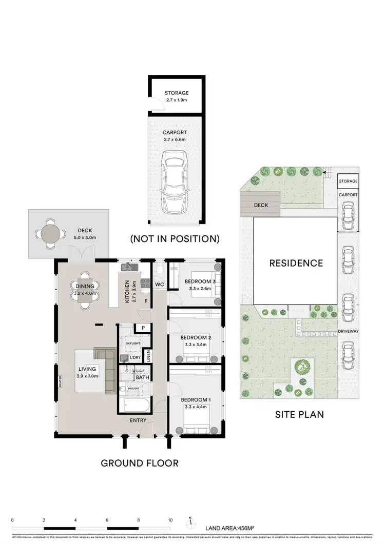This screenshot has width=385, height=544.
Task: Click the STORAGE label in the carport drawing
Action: [176, 93]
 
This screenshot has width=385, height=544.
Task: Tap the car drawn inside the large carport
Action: [174, 182]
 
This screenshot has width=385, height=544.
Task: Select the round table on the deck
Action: [50, 234]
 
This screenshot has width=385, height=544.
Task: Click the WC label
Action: [159, 284]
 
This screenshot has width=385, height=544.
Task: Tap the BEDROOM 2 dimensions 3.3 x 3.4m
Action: [196, 345]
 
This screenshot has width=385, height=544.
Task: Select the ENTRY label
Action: [138, 420]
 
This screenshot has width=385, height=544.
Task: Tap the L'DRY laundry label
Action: [135, 357]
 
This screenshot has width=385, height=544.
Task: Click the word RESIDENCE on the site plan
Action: [296, 263]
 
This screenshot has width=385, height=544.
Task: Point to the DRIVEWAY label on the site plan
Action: [348, 331]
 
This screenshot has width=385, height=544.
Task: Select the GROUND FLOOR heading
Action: [139, 463]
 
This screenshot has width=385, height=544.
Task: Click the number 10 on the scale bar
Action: [170, 519]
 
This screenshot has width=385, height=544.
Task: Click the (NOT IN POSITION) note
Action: [175, 238]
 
